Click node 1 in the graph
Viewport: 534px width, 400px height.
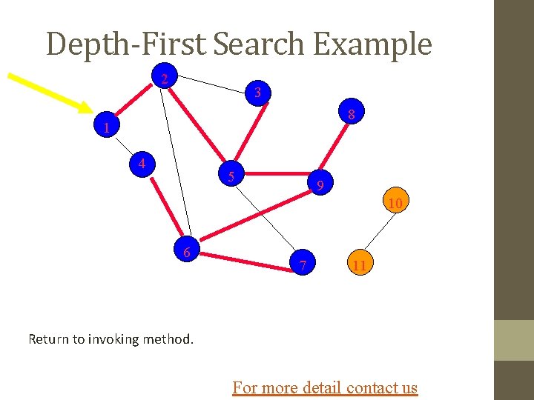[107, 128]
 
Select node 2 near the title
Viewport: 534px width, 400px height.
[165, 78]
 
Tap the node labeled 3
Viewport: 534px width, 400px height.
[257, 93]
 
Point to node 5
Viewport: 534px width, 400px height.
[231, 177]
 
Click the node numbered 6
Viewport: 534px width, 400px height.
[187, 253]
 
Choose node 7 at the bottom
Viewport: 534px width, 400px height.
[303, 264]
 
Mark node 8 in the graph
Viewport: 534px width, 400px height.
[353, 114]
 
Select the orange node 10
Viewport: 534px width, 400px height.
[395, 202]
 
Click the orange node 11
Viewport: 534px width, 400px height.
[359, 264]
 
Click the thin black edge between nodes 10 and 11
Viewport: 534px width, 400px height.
[378, 233]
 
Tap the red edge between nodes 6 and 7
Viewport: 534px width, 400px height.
[245, 259]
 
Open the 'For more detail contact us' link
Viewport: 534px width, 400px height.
[325, 387]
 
